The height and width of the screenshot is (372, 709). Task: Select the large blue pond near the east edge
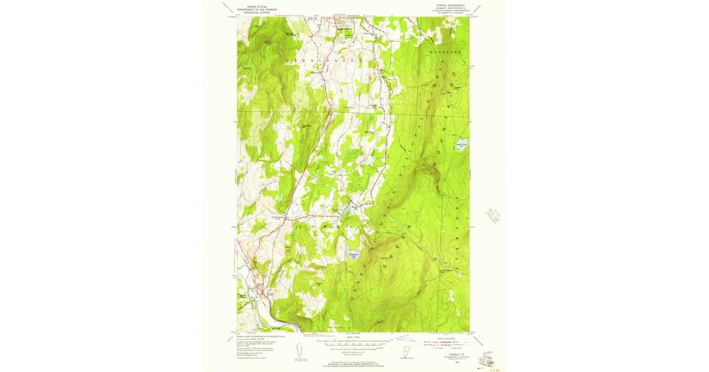click(461, 145)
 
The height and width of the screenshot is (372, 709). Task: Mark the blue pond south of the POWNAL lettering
click(353, 256)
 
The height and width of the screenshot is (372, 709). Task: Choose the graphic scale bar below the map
click(354, 343)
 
